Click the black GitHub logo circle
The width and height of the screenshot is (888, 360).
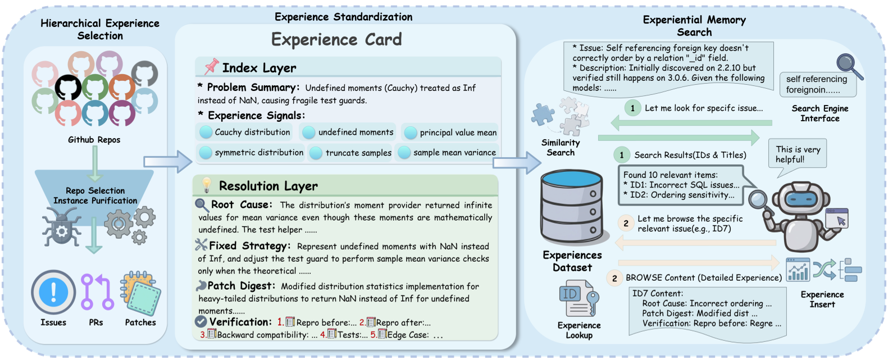68,88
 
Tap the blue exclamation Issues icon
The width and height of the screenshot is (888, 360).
53,292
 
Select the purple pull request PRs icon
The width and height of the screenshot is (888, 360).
97,292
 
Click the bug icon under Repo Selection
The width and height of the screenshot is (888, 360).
61,226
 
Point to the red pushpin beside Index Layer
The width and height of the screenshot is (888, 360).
211,67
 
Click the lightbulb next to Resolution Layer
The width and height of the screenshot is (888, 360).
207,185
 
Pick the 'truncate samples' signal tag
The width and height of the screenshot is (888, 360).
350,153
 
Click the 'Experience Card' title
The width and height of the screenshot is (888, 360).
336,39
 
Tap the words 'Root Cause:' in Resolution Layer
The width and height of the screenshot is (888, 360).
241,204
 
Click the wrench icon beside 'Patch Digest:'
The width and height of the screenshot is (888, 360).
201,286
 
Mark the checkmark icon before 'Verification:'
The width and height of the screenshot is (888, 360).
201,322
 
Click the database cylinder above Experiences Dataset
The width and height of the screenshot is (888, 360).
571,207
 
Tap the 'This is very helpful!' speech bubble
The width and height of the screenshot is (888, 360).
798,154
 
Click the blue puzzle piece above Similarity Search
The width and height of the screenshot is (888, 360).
543,114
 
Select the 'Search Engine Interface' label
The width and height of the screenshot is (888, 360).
819,113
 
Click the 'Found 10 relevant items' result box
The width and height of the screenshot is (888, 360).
681,185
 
